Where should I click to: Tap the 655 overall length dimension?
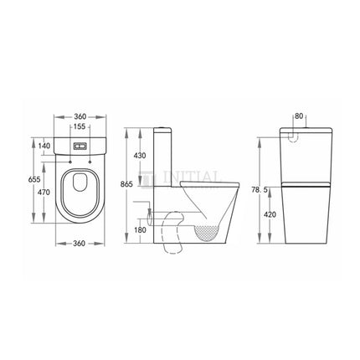35,179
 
